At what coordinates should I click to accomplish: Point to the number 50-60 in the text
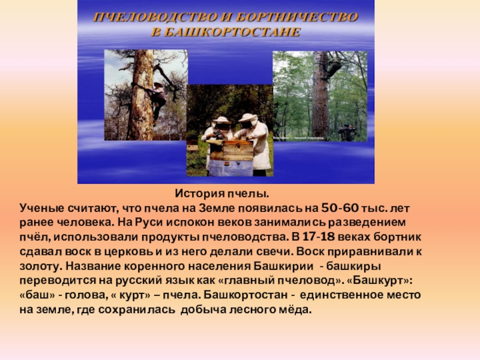pyautogui.click(x=340, y=208)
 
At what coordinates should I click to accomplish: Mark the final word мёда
pyautogui.click(x=298, y=310)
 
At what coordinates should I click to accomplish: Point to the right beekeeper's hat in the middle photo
pyautogui.click(x=248, y=118)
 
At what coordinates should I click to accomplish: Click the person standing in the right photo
pyautogui.click(x=346, y=132)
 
